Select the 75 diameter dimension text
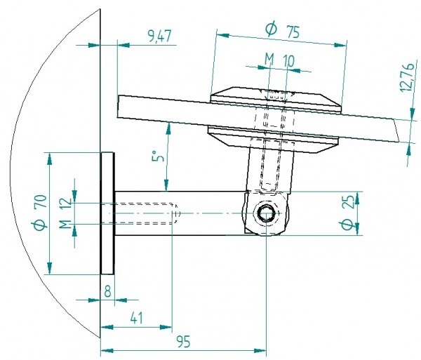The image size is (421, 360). click(293, 32)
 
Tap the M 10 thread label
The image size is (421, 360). click(279, 60)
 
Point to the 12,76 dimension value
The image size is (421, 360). click(407, 77)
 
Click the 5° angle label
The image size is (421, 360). click(158, 156)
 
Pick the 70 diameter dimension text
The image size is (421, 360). click(41, 201)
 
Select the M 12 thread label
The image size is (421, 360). click(65, 213)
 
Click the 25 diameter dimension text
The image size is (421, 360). click(349, 202)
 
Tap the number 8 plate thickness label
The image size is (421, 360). click(107, 291)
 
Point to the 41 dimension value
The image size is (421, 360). click(137, 319)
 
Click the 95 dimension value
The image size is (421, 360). click(184, 342)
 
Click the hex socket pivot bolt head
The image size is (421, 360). click(266, 213)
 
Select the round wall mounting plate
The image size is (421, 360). click(107, 213)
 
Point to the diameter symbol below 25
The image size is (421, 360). click(348, 225)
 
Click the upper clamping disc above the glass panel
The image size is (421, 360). click(276, 100)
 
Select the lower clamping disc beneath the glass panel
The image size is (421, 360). click(273, 140)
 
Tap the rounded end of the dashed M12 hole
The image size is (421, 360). click(176, 213)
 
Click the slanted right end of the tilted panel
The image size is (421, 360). click(396, 131)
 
